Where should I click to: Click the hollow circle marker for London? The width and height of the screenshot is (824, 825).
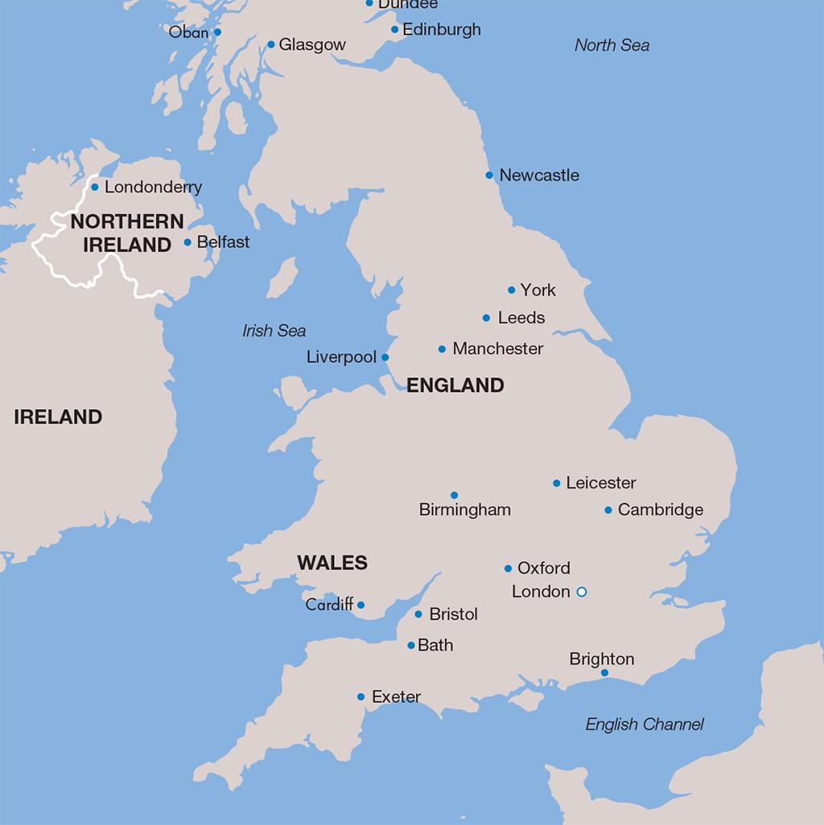point(582,592)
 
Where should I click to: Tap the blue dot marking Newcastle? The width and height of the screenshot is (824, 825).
point(489,175)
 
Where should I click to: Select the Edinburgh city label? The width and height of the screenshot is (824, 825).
point(441,30)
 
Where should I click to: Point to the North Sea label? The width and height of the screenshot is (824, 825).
point(612,45)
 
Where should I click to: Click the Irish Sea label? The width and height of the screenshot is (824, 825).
point(274,331)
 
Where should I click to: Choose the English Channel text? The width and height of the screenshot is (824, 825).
point(644,724)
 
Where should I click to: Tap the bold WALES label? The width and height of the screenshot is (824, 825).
point(332,563)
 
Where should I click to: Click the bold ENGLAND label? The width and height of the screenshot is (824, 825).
point(455,386)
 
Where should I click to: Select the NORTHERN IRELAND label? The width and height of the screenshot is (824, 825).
point(127,233)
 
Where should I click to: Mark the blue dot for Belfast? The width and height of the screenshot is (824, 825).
point(187,241)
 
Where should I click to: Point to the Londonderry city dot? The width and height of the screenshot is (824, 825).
point(94,187)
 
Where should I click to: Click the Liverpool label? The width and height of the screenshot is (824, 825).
point(341,357)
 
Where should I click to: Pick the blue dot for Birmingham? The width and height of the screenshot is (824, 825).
point(454,495)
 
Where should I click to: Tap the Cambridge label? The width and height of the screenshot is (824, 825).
point(660,509)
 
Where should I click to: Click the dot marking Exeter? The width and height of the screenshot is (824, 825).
point(360,697)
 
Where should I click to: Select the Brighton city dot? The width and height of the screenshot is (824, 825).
point(604,673)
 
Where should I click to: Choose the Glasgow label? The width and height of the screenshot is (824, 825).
point(312,45)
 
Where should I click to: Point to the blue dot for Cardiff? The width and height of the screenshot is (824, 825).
point(360,604)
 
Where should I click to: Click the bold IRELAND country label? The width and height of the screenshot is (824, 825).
point(58,417)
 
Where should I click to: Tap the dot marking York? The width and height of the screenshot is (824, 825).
point(511,290)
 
